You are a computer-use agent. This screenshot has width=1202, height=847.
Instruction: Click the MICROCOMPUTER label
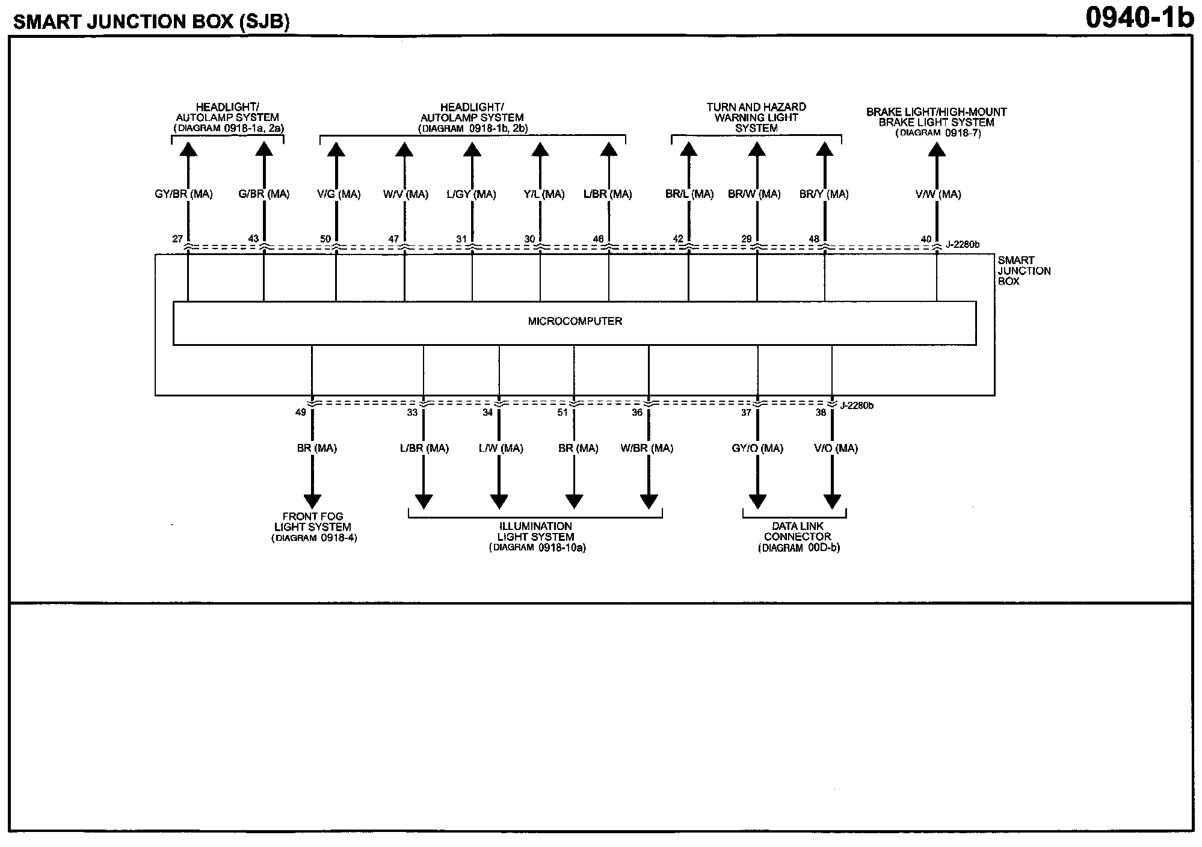575,321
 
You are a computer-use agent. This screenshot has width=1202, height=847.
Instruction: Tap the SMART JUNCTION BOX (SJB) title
151,22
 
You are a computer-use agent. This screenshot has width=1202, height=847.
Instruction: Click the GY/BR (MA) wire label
183,194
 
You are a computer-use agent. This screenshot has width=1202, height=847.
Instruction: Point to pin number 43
253,239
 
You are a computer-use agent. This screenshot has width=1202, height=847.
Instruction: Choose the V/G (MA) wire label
339,194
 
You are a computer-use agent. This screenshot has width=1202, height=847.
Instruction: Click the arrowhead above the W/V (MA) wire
404,149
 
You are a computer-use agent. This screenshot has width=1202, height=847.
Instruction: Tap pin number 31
461,239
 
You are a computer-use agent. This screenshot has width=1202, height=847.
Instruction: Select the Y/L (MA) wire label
544,194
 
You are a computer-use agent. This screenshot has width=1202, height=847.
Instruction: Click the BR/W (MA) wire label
754,194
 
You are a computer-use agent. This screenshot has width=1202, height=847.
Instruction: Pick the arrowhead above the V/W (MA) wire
937,149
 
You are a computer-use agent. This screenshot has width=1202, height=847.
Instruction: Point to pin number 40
926,239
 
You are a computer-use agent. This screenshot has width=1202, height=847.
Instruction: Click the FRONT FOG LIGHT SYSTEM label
313,527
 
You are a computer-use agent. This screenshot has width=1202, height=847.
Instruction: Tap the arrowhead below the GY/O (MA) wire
757,501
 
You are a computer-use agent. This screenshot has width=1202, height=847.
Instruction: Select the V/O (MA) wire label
836,448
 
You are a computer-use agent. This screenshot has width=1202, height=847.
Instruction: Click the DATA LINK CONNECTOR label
798,537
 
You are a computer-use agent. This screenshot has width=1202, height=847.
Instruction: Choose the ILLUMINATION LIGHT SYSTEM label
535,537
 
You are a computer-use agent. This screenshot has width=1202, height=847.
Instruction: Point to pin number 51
562,413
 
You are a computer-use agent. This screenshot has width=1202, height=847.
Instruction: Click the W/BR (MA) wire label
647,448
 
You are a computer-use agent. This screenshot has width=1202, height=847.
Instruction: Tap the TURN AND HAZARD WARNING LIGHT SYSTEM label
756,117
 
